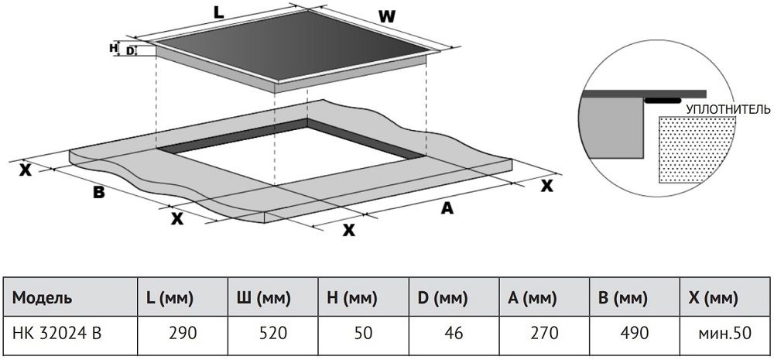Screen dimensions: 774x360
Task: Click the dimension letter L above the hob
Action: pos(219,13)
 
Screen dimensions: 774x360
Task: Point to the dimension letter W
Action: pos(388,17)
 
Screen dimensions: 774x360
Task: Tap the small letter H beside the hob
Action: pos(112,48)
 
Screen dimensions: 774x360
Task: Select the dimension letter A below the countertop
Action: pos(447,209)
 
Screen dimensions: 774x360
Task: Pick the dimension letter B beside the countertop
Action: pos(99,193)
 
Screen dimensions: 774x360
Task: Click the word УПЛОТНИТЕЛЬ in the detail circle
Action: pos(728,109)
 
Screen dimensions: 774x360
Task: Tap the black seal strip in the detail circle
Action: pos(663,101)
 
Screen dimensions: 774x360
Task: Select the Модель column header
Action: pos(42,298)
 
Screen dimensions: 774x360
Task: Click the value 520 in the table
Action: pos(273,334)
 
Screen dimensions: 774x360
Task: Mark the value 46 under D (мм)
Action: pos(454,334)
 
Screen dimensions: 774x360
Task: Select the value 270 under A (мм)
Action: pos(544,334)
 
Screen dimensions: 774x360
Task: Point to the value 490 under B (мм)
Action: pos(635,334)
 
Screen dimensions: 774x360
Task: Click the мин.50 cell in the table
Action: pos(724,334)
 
